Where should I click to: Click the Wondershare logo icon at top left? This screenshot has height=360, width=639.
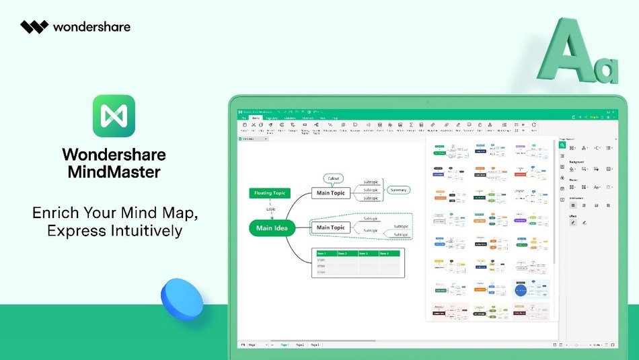click(x=34, y=27)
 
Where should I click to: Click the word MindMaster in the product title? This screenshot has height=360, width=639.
click(x=114, y=172)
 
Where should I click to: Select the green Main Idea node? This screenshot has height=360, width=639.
click(x=272, y=228)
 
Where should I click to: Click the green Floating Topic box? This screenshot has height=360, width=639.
click(x=269, y=193)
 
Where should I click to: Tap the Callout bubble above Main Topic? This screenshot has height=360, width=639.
click(x=333, y=178)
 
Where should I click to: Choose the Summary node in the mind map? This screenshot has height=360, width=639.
click(x=398, y=190)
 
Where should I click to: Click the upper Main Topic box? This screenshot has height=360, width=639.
click(x=330, y=193)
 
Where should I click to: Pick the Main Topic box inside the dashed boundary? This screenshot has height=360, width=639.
click(x=330, y=227)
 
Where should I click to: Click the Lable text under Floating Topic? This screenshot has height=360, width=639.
click(x=270, y=209)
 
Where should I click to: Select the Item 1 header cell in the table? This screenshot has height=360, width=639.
click(x=325, y=253)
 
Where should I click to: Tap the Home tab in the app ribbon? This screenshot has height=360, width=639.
click(x=256, y=118)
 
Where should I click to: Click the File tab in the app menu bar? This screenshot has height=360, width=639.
click(x=245, y=118)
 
